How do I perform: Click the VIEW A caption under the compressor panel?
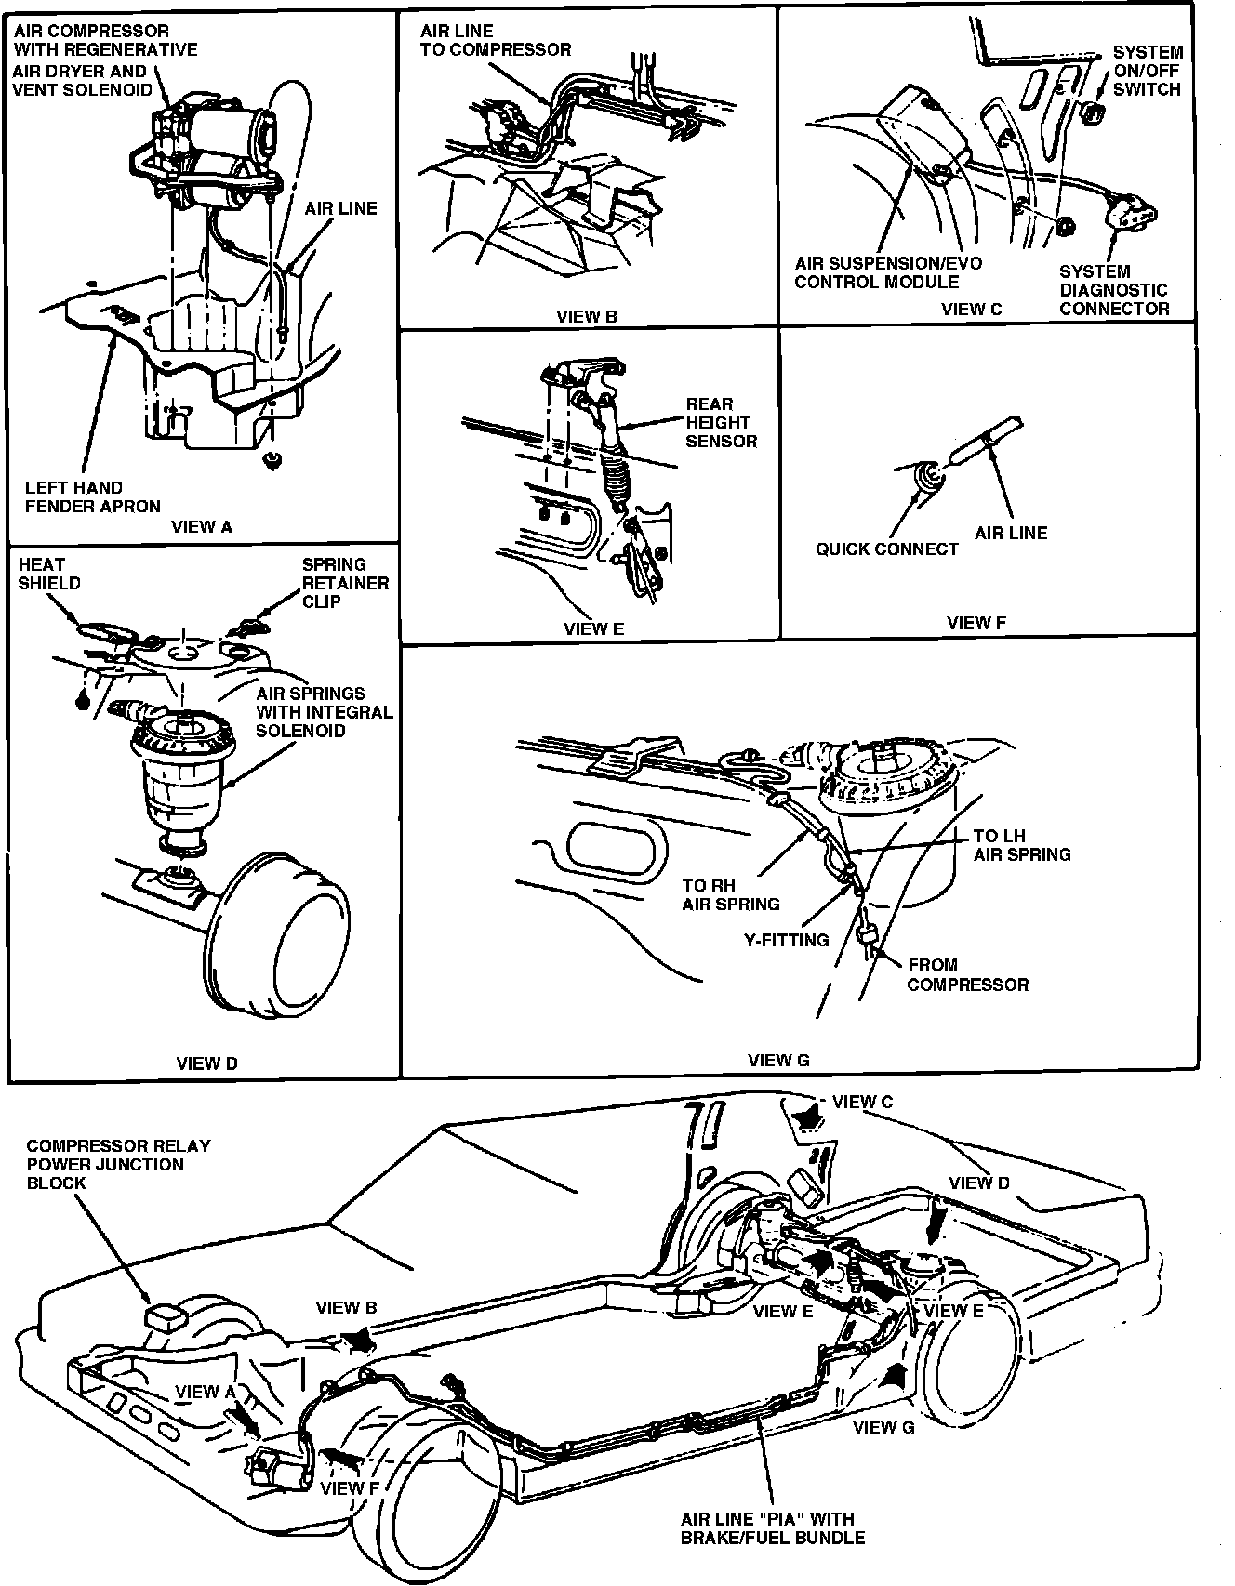point(202,527)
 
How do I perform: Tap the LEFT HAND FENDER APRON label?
point(92,497)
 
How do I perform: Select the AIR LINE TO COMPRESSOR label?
point(495,41)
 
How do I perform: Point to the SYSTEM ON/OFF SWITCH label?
point(1147,71)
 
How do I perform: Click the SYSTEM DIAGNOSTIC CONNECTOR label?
point(1113,290)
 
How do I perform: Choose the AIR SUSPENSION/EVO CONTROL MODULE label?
point(888,272)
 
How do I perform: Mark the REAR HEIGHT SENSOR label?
point(721,423)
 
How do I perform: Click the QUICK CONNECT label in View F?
point(886,549)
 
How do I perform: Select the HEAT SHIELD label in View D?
point(49,574)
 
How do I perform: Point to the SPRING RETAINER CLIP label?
point(345,583)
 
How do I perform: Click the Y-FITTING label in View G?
point(786,940)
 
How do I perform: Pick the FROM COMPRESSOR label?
point(967,975)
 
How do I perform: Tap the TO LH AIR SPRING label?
point(1021,845)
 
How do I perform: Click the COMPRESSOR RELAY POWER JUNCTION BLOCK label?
point(118,1164)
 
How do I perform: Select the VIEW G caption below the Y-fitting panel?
point(778,1061)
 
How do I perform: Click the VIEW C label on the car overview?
point(862,1102)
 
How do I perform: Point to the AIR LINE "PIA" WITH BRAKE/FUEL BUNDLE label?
point(772,1528)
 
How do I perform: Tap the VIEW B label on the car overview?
point(346,1308)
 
